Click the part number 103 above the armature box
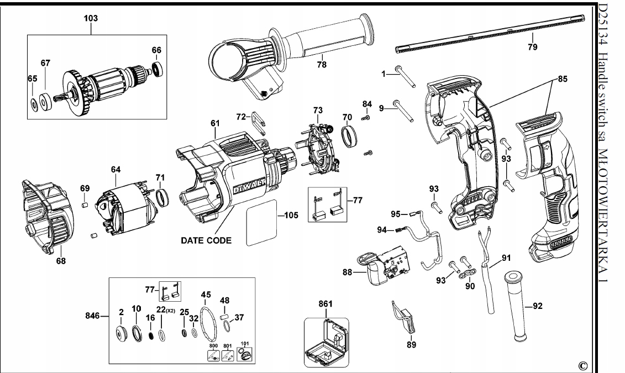click(x=91, y=18)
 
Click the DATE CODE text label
click(x=206, y=240)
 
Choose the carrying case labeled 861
click(x=327, y=342)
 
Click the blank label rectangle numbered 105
click(x=261, y=222)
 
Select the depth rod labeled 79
click(x=491, y=33)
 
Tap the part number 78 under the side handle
click(x=322, y=64)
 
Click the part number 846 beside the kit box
click(x=92, y=316)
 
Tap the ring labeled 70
click(x=350, y=136)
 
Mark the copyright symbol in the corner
click(x=583, y=365)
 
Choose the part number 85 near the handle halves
click(x=563, y=79)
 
